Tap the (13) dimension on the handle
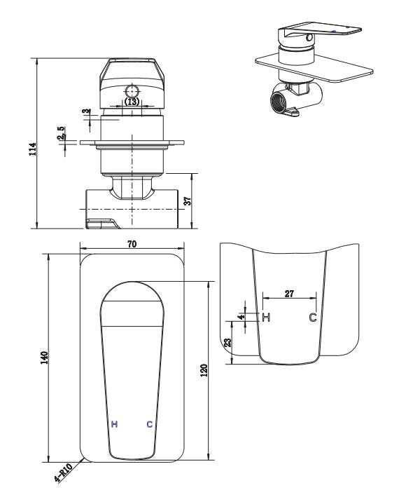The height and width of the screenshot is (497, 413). [x=132, y=102]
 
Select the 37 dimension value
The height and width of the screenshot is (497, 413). [x=188, y=200]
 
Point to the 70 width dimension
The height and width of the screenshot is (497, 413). [x=132, y=243]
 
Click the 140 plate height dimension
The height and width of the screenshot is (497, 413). [x=43, y=358]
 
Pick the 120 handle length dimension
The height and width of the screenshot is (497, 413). [x=204, y=371]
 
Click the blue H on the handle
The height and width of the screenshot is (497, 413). [x=114, y=425]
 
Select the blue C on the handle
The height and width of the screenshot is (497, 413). [x=149, y=425]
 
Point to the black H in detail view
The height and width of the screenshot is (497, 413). [x=265, y=318]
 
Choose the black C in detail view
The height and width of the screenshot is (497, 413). [x=313, y=318]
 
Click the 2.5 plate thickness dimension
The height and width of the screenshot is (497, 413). [x=62, y=134]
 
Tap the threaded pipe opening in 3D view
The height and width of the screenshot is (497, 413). [x=277, y=104]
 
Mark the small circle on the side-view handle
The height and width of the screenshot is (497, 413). [x=132, y=90]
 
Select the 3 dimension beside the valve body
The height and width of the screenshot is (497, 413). [x=85, y=113]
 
